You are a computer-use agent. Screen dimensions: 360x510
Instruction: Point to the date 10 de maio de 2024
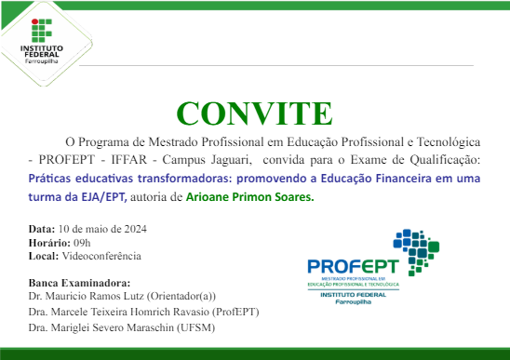tap(101, 229)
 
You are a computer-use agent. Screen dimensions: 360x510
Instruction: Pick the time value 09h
tap(84, 242)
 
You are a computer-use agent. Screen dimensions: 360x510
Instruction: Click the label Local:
tap(44, 255)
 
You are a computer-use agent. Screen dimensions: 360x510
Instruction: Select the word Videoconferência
tap(101, 255)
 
